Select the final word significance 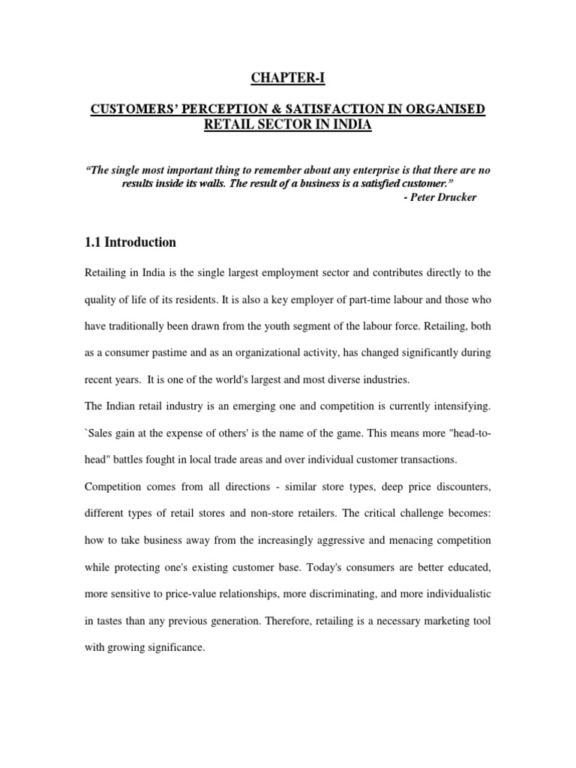[174, 646]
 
